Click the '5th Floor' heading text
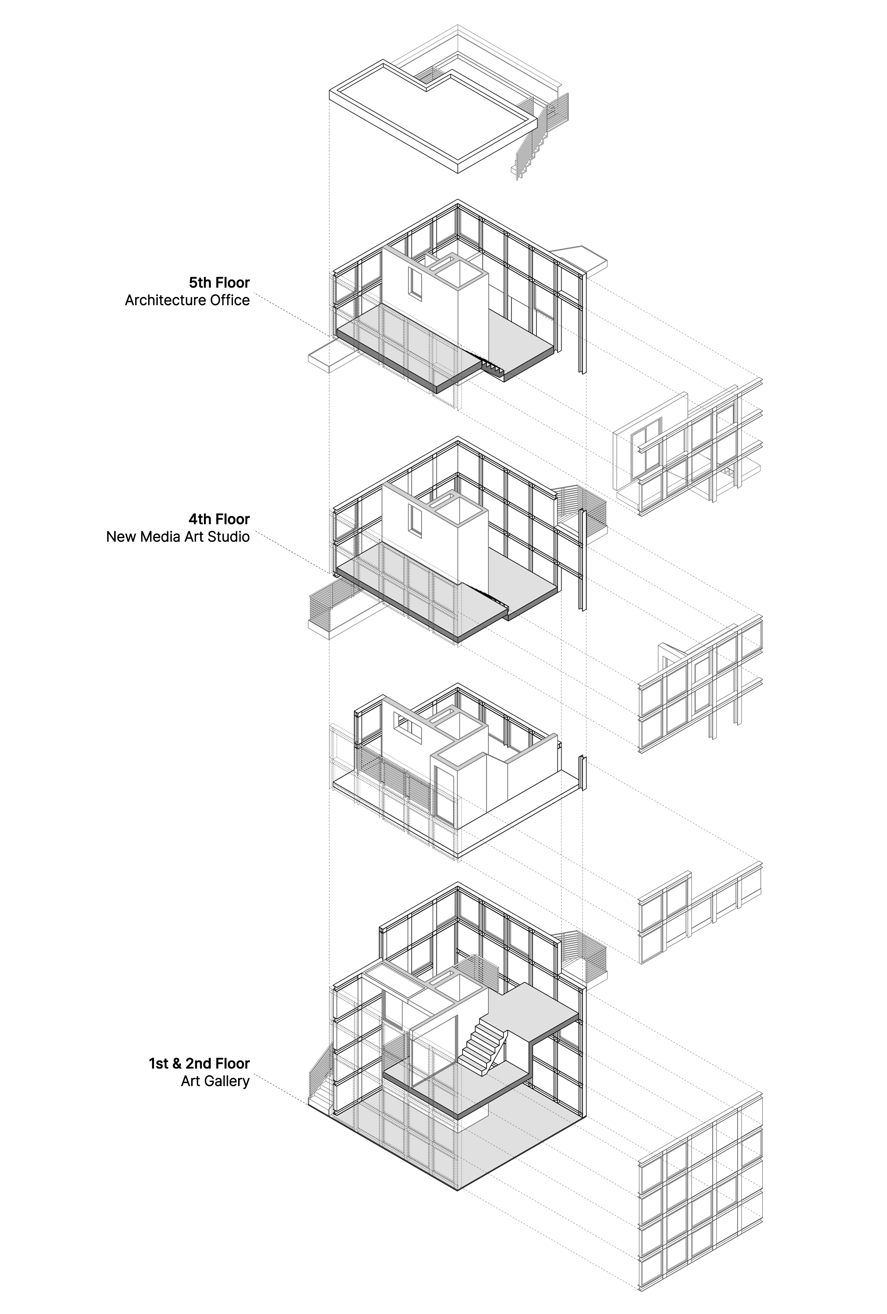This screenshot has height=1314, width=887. pyautogui.click(x=219, y=283)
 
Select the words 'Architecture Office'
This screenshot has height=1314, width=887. pyautogui.click(x=187, y=300)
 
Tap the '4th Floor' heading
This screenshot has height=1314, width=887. pyautogui.click(x=219, y=519)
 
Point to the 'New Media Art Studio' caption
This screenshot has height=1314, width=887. pyautogui.click(x=178, y=536)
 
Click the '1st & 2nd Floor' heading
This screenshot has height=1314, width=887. pyautogui.click(x=199, y=1064)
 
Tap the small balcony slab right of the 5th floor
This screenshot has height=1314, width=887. pyautogui.click(x=583, y=257)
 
